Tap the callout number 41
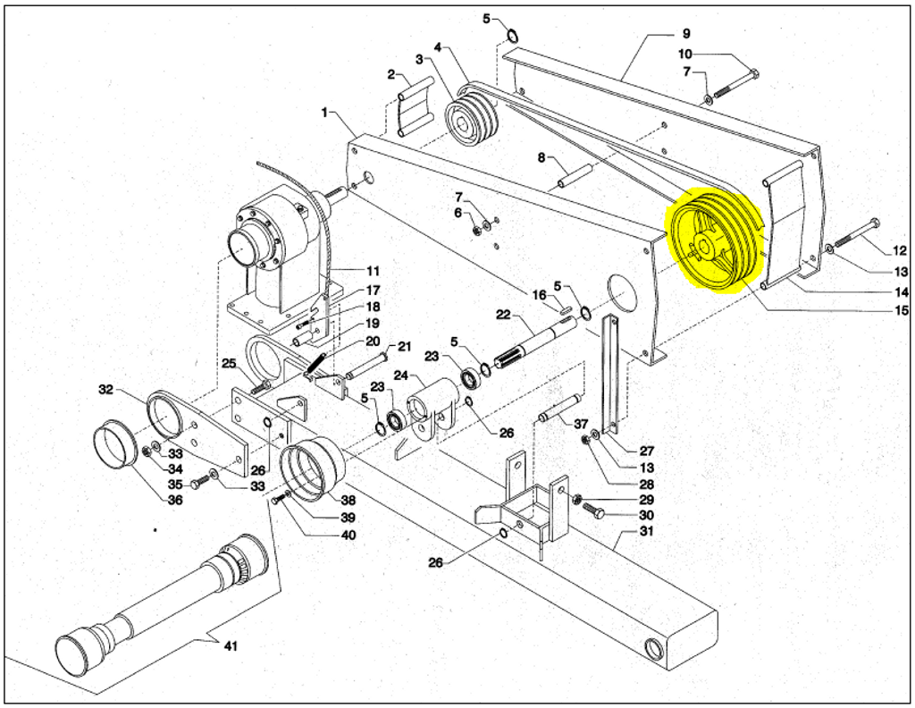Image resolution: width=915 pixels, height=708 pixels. coord(231,646)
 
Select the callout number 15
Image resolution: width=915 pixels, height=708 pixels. coord(902,310)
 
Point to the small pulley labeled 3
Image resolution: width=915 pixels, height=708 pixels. coord(470,123)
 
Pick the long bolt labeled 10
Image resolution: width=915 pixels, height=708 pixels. coord(736,83)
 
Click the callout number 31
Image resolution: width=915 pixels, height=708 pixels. coord(647,531)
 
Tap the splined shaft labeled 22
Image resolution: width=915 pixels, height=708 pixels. coord(534,347)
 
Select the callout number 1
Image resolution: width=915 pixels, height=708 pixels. coord(325,112)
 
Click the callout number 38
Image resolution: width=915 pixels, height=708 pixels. coord(348,501)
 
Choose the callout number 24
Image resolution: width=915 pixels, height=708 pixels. coord(401,375)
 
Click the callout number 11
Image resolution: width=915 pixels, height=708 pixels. coord(373,271)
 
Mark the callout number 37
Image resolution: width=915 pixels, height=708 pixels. coord(581,423)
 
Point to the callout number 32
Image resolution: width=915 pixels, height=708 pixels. coord(105,390)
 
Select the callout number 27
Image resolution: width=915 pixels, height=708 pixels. coord(647,451)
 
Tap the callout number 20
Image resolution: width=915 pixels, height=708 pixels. coord(373,341)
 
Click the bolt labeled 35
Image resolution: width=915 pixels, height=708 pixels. coord(199,482)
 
